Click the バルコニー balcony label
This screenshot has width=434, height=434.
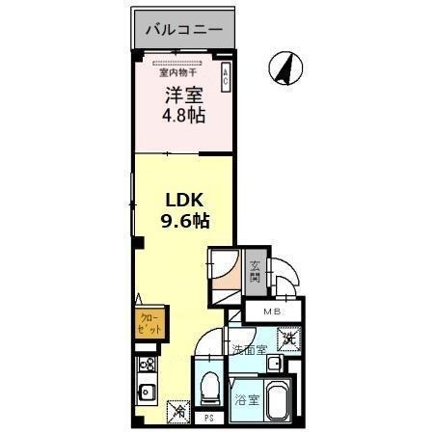pyautogui.click(x=184, y=30)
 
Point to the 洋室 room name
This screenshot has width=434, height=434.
pyautogui.click(x=183, y=96)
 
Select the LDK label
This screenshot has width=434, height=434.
pyautogui.click(x=183, y=200)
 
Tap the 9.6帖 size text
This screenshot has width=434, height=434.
pyautogui.click(x=184, y=221)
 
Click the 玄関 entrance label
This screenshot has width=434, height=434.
pyautogui.click(x=256, y=272)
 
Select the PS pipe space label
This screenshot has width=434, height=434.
pyautogui.click(x=208, y=419)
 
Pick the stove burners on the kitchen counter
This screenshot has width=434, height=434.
pyautogui.click(x=149, y=366)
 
